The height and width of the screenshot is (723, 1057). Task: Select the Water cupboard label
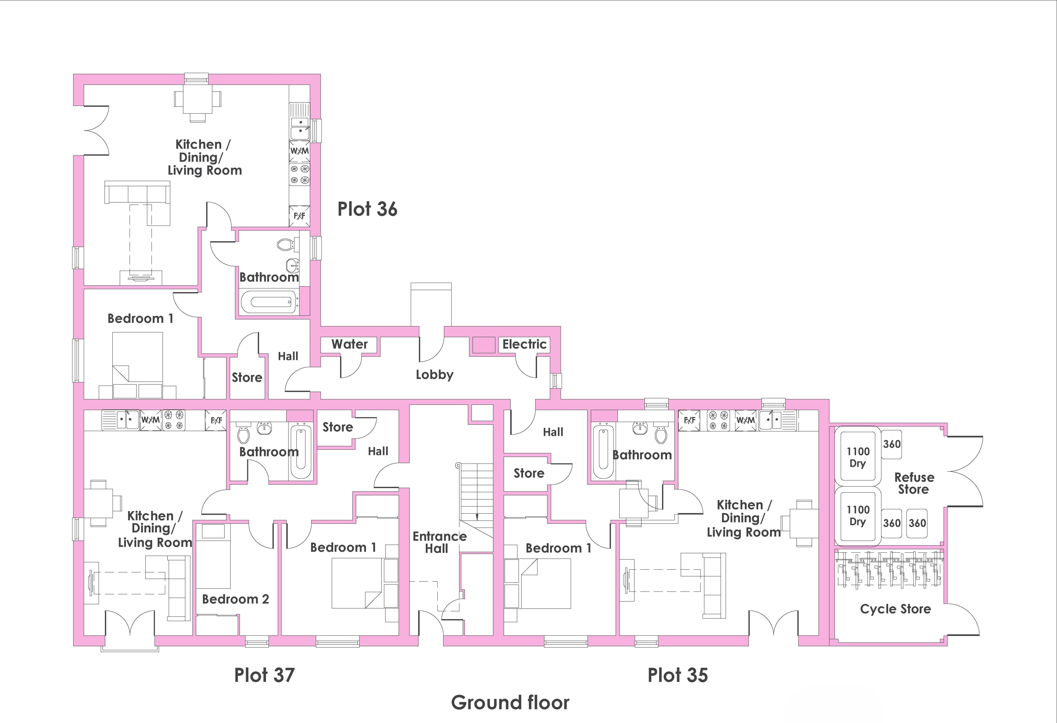coord(349,344)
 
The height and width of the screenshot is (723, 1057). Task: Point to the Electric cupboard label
coord(524,344)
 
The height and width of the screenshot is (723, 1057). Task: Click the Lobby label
coord(434,375)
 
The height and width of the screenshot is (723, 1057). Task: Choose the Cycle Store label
coord(895,609)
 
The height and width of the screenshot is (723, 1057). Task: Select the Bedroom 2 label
coord(236,599)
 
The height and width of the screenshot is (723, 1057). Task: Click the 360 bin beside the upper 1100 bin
coord(891,444)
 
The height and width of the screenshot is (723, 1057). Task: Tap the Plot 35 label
coord(678,675)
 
